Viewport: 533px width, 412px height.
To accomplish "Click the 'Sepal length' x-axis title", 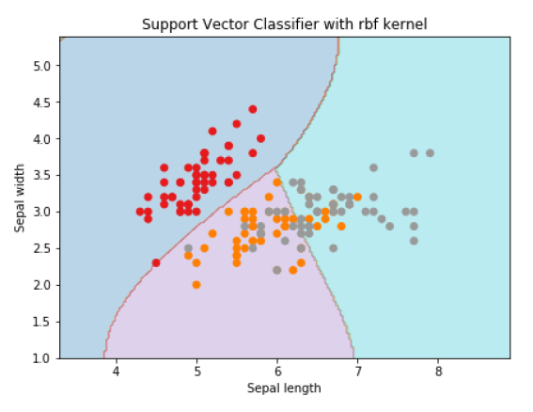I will click(x=285, y=388).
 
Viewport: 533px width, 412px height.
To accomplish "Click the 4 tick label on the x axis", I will click(x=117, y=372).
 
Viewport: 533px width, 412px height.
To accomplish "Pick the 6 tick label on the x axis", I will click(x=277, y=372).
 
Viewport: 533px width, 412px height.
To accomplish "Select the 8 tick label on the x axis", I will click(x=438, y=372).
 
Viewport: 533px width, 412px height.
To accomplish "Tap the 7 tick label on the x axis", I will click(x=358, y=372).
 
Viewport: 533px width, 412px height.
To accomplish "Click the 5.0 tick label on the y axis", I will click(x=41, y=66).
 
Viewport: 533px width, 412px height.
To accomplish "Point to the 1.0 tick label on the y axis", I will click(x=41, y=358).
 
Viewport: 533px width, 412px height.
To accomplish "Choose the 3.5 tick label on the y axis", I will click(x=41, y=176).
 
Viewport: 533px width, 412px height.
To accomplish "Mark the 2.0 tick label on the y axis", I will click(x=41, y=285).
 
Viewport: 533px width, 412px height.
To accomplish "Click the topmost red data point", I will click(x=253, y=109).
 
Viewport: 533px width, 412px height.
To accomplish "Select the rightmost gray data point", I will click(x=430, y=153).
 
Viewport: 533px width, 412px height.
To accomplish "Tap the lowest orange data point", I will click(x=196, y=285).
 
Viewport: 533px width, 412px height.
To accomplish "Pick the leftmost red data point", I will click(x=140, y=212).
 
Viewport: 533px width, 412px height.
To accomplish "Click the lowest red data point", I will click(x=156, y=262).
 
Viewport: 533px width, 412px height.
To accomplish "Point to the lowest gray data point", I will click(x=276, y=270).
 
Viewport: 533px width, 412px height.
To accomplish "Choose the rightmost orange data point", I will click(x=357, y=198).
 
